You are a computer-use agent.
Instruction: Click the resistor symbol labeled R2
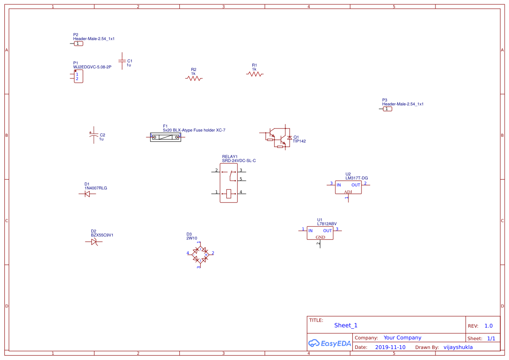pos(194,78)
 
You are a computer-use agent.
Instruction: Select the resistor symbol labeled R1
pos(255,74)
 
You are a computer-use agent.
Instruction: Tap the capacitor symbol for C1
pos(122,61)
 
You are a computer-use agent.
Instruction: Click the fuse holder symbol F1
pos(165,137)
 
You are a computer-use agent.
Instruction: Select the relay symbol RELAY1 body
pos(228,183)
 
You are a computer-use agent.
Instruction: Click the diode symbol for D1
pos(87,194)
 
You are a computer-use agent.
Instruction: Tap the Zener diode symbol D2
pos(94,242)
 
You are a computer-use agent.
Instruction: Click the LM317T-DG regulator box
pos(348,187)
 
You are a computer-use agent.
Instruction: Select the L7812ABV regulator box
pos(320,233)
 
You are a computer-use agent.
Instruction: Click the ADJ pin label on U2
pos(348,192)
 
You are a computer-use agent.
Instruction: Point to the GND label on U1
pos(320,237)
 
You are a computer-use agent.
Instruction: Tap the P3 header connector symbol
pos(387,109)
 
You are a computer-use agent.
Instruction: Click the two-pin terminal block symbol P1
pos(78,77)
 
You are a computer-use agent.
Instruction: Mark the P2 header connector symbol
pos(78,44)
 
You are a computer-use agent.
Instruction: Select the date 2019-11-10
pos(390,347)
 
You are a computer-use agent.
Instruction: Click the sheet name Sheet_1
pos(346,325)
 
